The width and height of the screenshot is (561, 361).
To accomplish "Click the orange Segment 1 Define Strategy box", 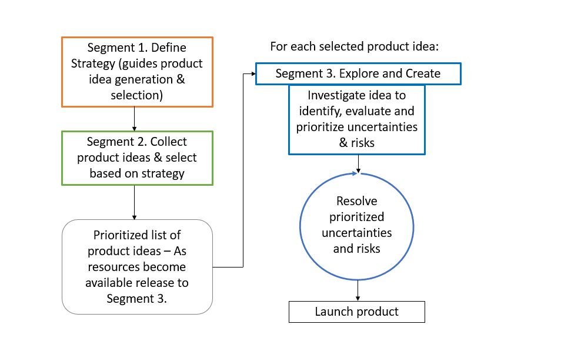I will [x=137, y=72].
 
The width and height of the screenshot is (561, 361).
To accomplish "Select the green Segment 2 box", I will [x=137, y=158].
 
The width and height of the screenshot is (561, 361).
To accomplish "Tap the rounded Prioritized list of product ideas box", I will [x=137, y=266].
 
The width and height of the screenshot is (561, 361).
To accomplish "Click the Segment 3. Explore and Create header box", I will [x=358, y=74].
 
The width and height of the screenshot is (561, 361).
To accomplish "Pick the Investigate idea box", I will [x=357, y=119].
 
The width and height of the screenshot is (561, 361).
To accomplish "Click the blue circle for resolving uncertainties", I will [x=357, y=225].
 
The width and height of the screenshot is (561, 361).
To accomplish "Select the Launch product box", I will [x=356, y=312].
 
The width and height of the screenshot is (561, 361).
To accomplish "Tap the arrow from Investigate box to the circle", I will [x=358, y=163].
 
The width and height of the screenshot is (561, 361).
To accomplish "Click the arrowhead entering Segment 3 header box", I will [x=252, y=74].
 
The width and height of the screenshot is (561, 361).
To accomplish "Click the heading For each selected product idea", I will [x=355, y=46].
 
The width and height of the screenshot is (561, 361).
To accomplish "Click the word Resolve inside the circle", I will [x=357, y=202].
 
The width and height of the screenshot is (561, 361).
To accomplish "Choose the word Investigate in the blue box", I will [x=338, y=95].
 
